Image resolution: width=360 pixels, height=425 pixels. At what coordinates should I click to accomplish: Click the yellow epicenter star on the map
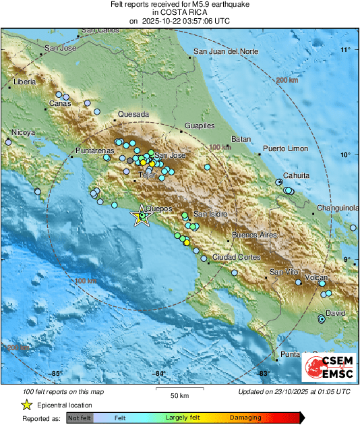[141, 217]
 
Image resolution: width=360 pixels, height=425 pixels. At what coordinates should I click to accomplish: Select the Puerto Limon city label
[285, 148]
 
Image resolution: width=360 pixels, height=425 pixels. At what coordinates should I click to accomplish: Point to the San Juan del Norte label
[226, 52]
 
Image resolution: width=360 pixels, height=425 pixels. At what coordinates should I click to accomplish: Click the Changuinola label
[338, 208]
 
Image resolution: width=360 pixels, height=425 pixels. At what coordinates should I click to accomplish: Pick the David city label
[335, 314]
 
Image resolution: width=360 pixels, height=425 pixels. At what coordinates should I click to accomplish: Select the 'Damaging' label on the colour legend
[245, 418]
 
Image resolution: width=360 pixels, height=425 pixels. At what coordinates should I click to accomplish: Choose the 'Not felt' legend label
[79, 418]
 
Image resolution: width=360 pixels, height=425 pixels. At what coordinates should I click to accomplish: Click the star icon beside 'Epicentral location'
[26, 405]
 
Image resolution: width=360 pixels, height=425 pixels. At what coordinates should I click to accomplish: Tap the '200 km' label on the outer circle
[287, 80]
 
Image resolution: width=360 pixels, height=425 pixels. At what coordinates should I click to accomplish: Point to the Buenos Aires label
[254, 235]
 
